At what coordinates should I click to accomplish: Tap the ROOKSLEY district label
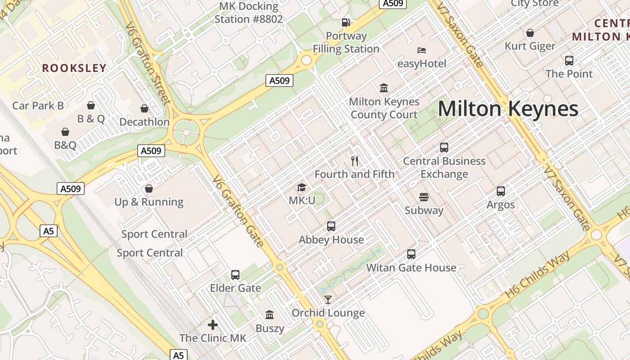click(x=74, y=68)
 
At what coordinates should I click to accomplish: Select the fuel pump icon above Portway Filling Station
click(x=346, y=22)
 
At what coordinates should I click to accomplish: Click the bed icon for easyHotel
click(x=422, y=50)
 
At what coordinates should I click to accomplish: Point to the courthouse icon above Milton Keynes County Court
click(x=384, y=88)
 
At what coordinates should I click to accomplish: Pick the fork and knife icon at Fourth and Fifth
click(x=355, y=161)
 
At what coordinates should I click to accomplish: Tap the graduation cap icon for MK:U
click(x=301, y=187)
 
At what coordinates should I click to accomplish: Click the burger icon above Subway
click(x=423, y=197)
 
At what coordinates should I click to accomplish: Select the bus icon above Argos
click(x=501, y=191)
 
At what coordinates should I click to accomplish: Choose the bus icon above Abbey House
click(x=331, y=226)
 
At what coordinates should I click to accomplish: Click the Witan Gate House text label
click(x=411, y=268)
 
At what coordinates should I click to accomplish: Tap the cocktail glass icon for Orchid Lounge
click(x=328, y=299)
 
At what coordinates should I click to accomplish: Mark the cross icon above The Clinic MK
click(x=213, y=324)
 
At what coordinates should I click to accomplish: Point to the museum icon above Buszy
click(x=270, y=315)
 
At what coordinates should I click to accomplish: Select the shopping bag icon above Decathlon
click(x=144, y=108)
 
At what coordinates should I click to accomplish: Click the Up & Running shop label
click(x=149, y=202)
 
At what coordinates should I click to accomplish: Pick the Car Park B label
click(x=38, y=106)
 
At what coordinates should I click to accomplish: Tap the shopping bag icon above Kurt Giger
click(x=530, y=33)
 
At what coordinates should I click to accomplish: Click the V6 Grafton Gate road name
click(x=238, y=211)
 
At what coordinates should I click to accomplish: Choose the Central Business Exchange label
click(x=444, y=167)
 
